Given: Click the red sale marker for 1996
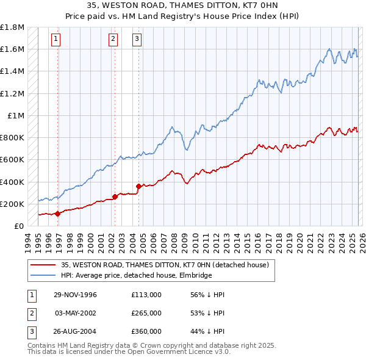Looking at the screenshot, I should [58, 214].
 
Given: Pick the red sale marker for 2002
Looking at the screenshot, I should [115, 197].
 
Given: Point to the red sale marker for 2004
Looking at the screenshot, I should [138, 186].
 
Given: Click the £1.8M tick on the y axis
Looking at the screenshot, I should [12, 27].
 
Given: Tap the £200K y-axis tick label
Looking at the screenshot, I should [12, 204].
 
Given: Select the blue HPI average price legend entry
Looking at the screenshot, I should [136, 276].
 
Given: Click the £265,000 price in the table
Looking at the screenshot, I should [146, 313].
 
